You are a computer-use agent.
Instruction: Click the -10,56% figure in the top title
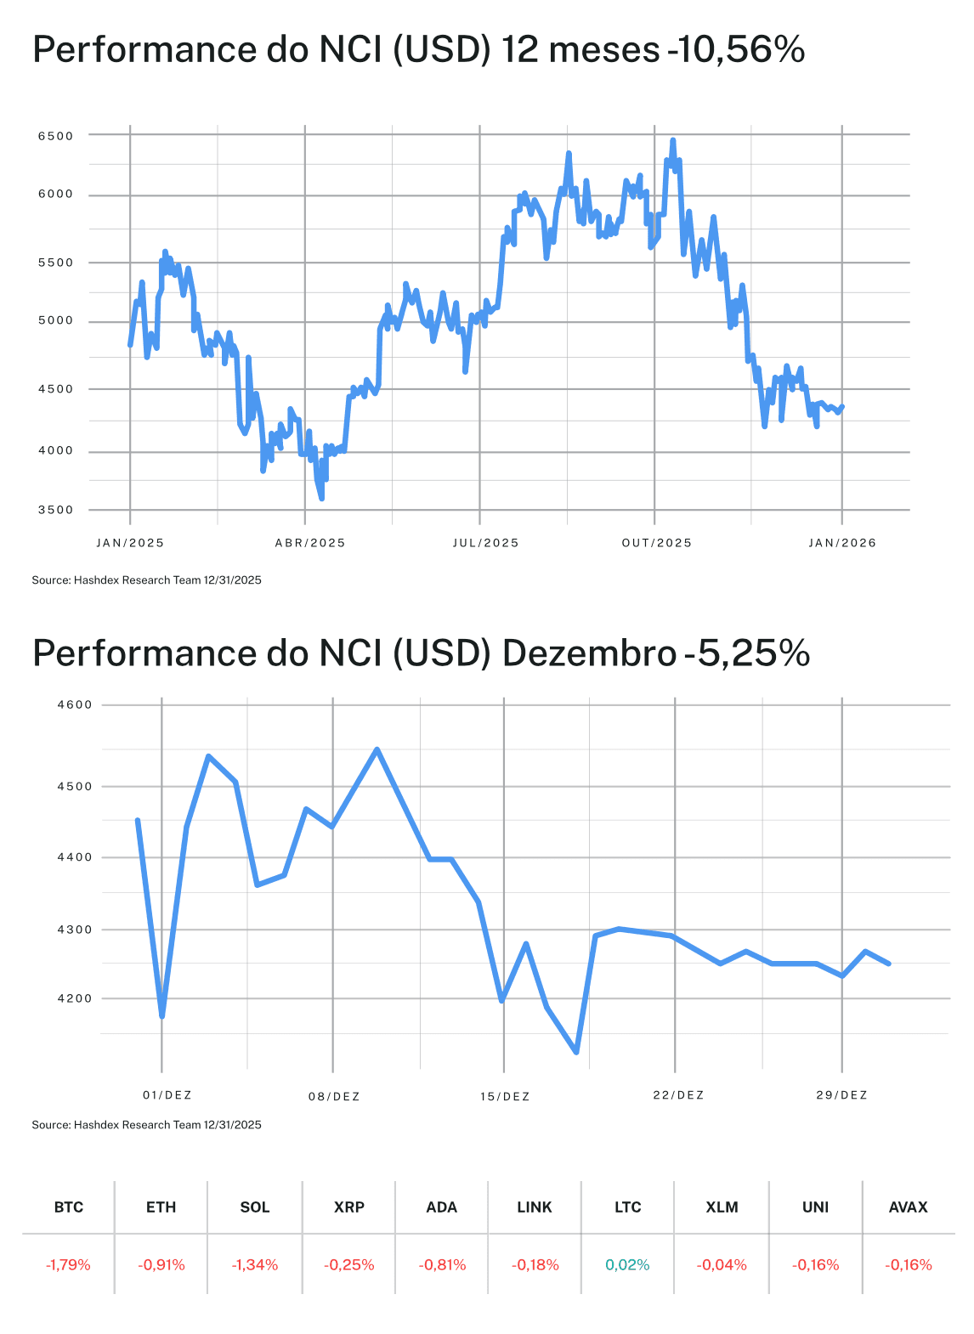point(736,50)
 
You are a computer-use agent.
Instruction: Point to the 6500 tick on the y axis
point(56,136)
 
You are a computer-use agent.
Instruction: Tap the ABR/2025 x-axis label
point(310,543)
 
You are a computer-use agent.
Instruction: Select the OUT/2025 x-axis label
point(657,543)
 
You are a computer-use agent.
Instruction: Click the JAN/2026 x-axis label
point(841,543)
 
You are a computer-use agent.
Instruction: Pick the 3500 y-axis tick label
point(56,511)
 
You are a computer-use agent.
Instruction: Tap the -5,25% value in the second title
point(747,653)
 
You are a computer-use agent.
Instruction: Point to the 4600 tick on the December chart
point(74,705)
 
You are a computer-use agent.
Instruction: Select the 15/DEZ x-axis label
point(505,1097)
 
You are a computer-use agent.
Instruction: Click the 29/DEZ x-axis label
point(841,1095)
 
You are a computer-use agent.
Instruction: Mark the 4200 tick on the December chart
point(74,999)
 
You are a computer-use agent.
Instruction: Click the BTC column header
point(69,1207)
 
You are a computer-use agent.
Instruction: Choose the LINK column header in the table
point(535,1207)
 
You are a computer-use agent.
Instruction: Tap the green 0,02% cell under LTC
point(627,1265)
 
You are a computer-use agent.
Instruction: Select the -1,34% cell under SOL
point(255,1265)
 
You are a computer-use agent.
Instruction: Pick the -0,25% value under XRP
point(348,1265)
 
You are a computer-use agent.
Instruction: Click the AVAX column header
point(908,1207)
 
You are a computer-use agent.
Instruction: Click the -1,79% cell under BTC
point(68,1265)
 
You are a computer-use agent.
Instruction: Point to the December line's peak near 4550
point(377,750)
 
